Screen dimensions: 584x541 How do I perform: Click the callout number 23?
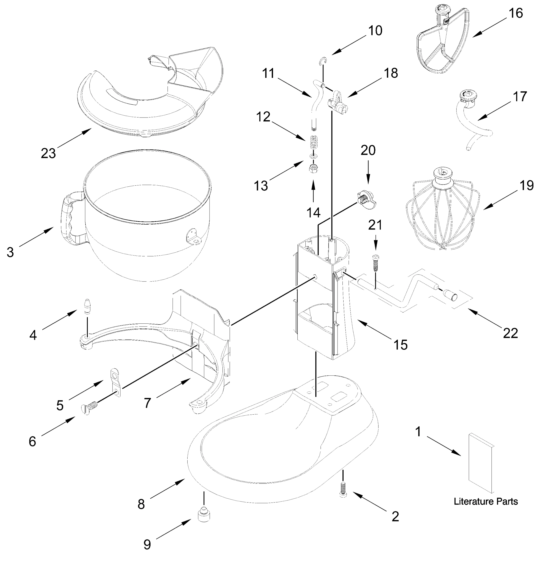pos(48,153)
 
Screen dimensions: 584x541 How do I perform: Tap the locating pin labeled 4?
pos(87,306)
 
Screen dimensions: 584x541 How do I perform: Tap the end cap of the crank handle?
pos(450,295)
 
